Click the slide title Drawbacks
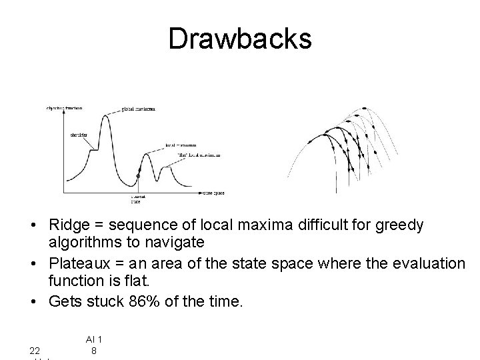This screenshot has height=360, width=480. pyautogui.click(x=239, y=38)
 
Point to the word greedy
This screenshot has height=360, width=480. pyautogui.click(x=399, y=225)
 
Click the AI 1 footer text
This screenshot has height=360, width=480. pyautogui.click(x=95, y=339)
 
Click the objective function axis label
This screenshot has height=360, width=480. pyautogui.click(x=63, y=108)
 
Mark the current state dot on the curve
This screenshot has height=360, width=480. pyautogui.click(x=138, y=176)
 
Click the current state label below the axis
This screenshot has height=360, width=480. pyautogui.click(x=138, y=199)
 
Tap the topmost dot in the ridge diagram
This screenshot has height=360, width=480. pyautogui.click(x=364, y=108)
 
